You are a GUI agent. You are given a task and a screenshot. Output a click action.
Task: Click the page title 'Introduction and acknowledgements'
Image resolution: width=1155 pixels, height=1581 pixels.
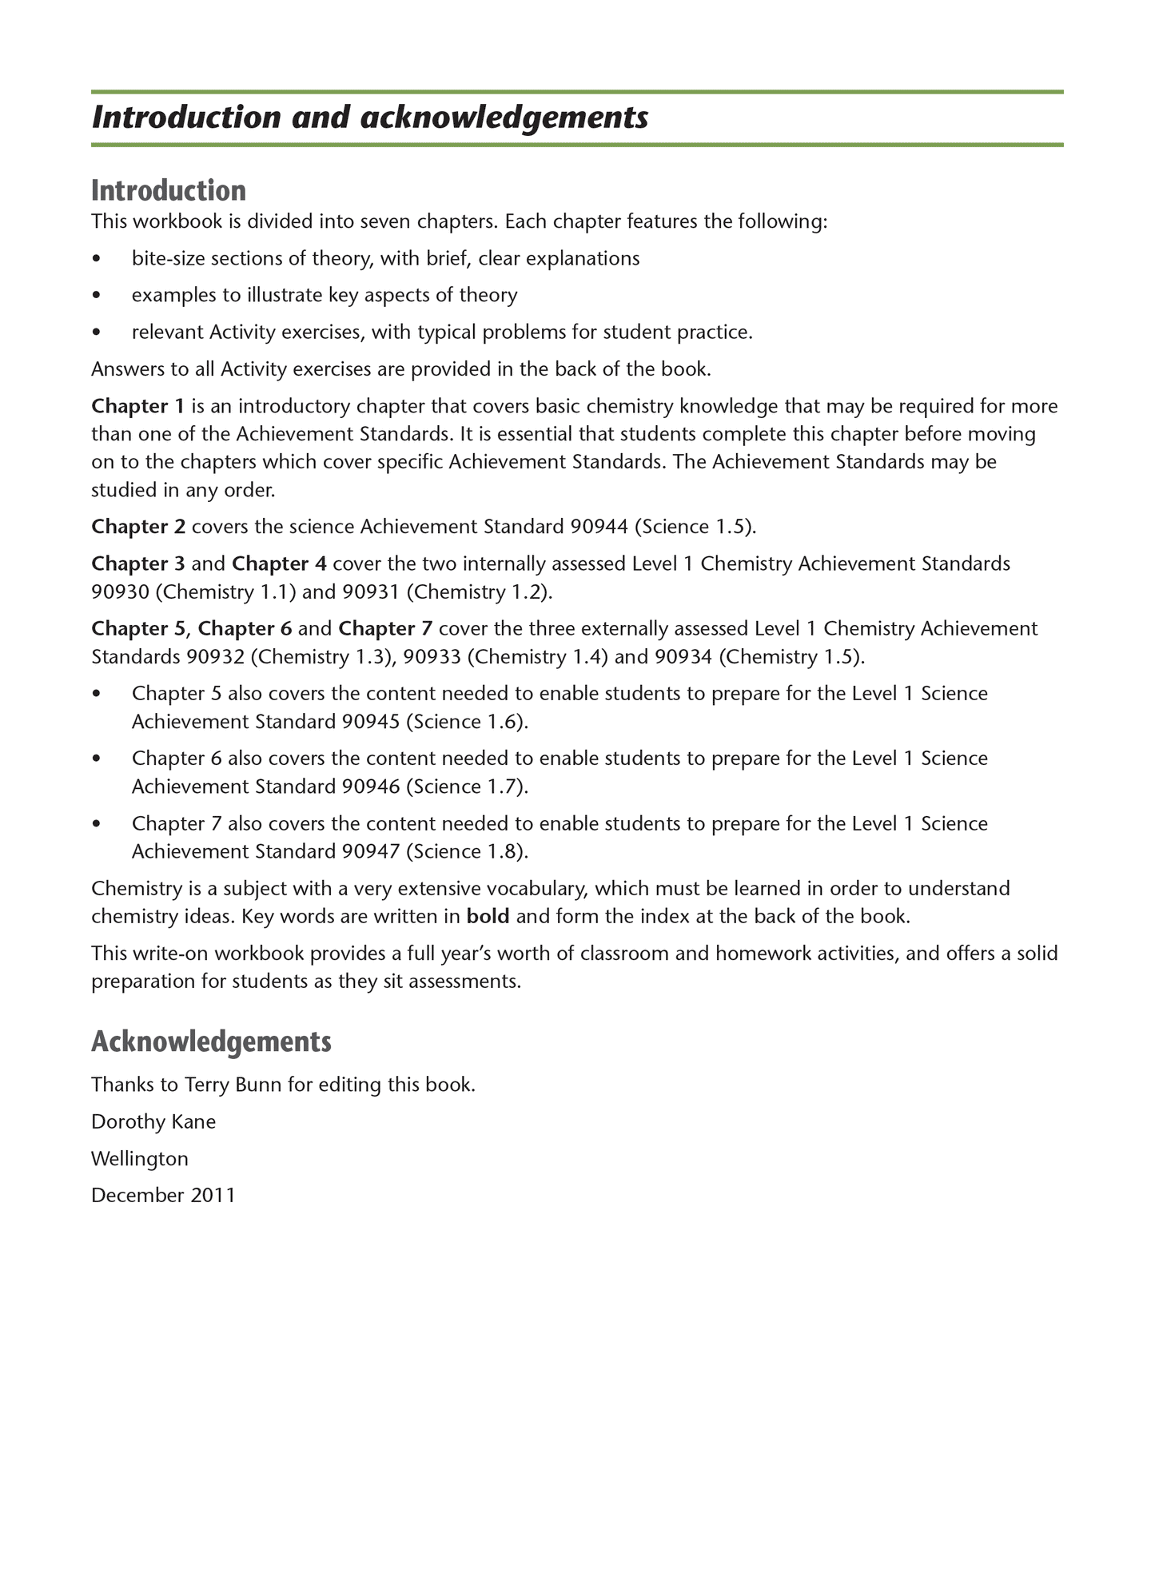coord(369,118)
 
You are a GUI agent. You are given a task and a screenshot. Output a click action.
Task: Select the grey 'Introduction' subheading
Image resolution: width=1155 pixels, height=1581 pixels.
coord(169,191)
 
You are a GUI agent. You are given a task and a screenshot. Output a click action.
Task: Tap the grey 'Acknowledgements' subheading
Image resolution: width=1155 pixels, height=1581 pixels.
coord(211,1041)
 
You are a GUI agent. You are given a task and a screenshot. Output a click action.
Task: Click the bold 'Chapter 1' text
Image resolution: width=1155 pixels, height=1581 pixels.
coord(138,406)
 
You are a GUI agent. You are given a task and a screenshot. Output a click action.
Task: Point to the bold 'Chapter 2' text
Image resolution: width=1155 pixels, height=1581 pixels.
coord(138,527)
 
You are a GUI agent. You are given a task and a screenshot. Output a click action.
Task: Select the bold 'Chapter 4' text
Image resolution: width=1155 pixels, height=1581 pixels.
coord(279,564)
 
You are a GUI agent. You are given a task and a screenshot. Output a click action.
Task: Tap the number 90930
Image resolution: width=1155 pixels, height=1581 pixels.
coord(119,592)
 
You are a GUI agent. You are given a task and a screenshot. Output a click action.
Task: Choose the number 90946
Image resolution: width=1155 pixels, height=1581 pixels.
coord(371,787)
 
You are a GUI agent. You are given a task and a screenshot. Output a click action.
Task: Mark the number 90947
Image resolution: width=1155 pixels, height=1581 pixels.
coord(371,851)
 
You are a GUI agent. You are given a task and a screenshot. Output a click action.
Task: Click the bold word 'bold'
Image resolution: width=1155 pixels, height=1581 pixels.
coord(488,917)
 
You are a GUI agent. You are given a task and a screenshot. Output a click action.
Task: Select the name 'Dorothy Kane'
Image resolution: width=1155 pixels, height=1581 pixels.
coord(153,1122)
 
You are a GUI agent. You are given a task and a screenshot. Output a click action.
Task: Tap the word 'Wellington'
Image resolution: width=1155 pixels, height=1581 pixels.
coord(140,1159)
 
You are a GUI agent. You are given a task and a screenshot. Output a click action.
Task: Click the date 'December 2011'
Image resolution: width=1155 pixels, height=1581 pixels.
coord(164,1196)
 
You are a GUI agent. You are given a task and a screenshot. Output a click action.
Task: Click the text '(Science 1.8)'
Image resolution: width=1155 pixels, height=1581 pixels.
coord(467,851)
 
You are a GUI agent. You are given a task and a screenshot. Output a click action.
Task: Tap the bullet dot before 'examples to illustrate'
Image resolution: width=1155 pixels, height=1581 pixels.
coord(98,296)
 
